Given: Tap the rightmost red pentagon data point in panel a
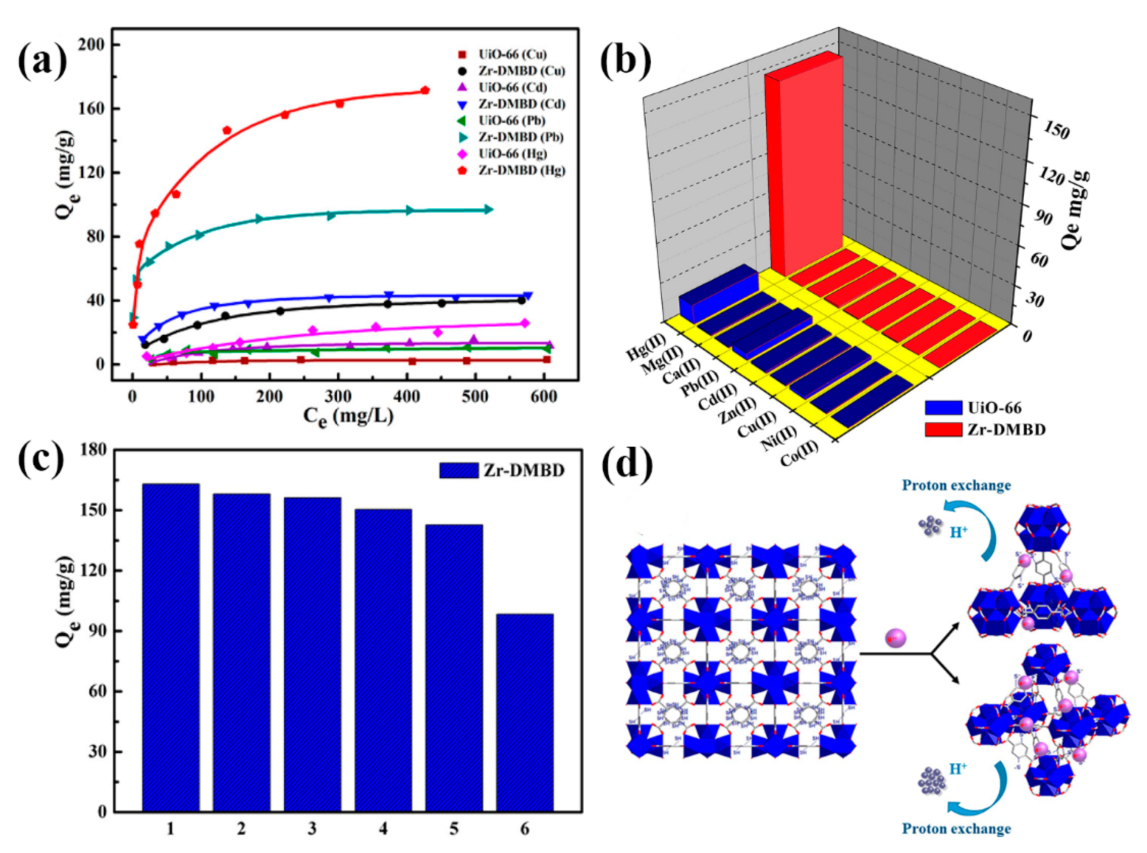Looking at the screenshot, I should click(x=424, y=90).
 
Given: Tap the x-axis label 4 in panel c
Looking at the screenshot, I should click(x=383, y=829).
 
